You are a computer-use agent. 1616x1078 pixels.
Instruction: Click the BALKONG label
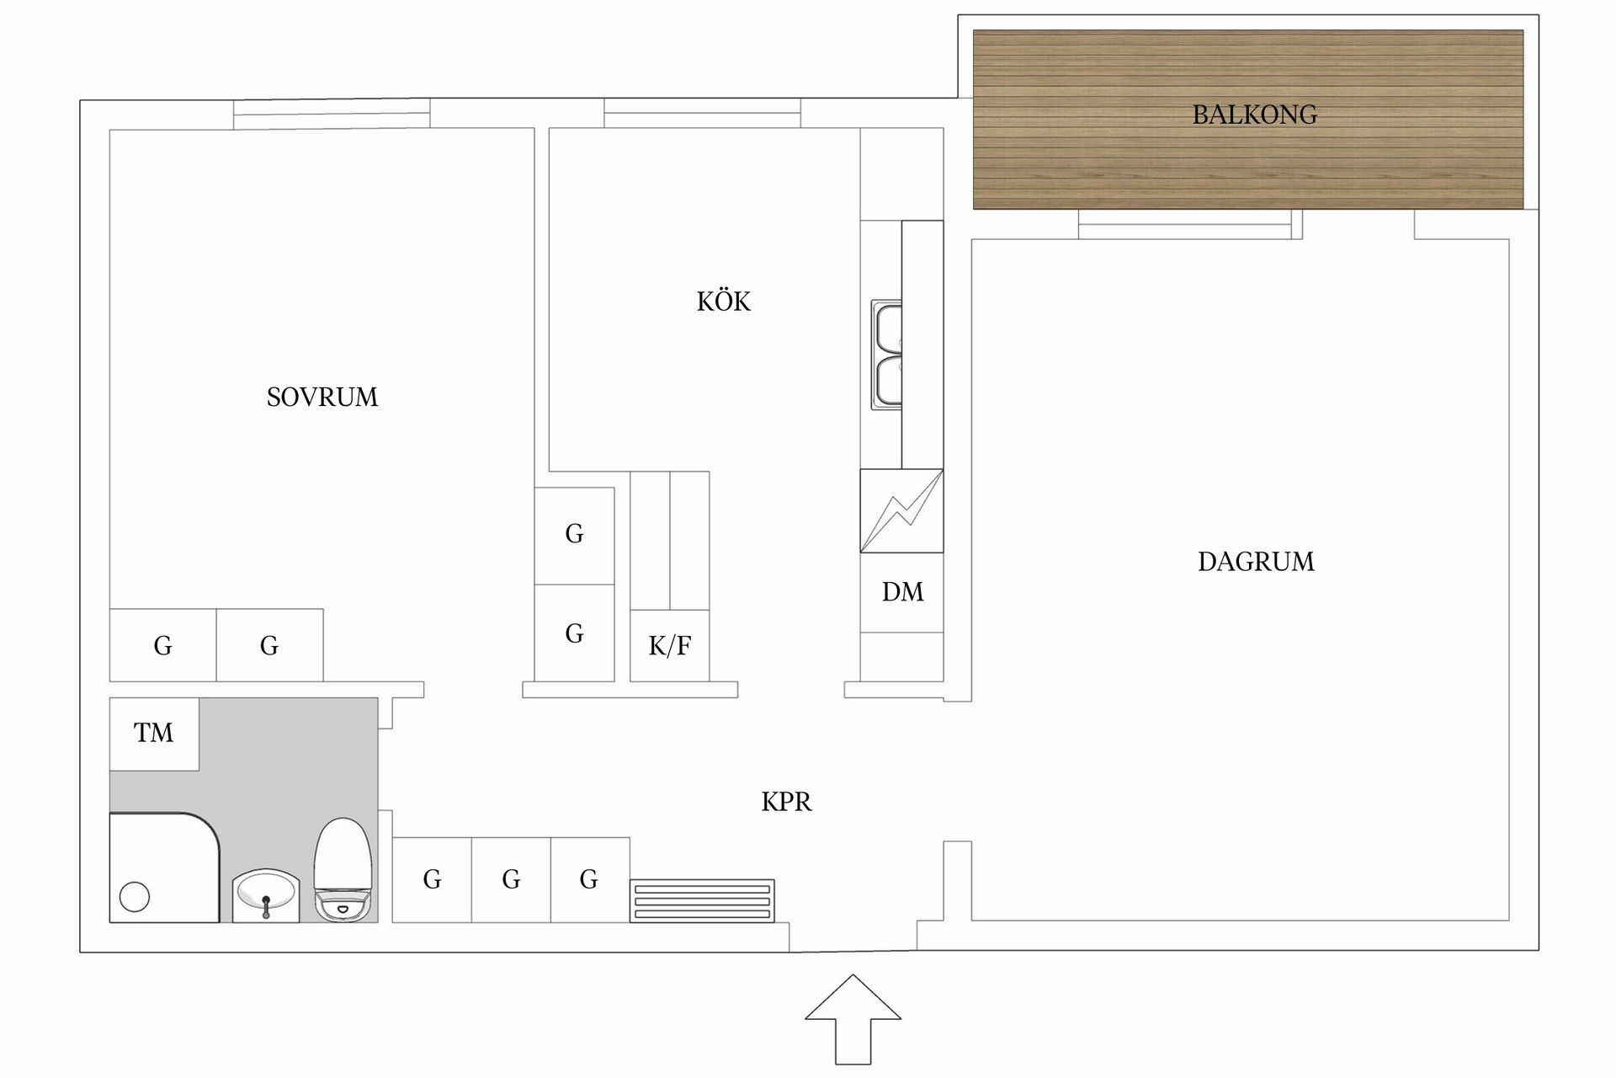[1254, 115]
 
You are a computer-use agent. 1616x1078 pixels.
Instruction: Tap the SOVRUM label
[322, 397]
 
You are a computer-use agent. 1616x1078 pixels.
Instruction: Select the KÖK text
[723, 302]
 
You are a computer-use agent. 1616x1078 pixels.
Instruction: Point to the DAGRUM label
[1256, 562]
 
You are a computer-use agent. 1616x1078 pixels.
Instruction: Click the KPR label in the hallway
[786, 802]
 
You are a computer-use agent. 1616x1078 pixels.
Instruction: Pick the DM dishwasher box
[902, 592]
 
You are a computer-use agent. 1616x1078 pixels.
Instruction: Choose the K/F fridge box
[670, 646]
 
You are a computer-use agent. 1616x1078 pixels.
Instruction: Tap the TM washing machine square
[154, 734]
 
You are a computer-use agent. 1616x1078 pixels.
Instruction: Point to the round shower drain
[135, 896]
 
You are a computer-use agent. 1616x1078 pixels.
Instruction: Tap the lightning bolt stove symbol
[901, 511]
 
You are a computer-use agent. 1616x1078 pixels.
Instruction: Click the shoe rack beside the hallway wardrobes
[702, 900]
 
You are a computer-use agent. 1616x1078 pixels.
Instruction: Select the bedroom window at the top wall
[332, 114]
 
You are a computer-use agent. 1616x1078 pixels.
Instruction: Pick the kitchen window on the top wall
[702, 114]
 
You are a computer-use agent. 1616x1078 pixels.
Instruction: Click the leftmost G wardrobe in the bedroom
[162, 646]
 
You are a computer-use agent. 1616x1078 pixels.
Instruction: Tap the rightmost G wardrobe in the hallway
[590, 880]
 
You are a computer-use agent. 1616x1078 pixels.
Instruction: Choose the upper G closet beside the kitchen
[574, 535]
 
